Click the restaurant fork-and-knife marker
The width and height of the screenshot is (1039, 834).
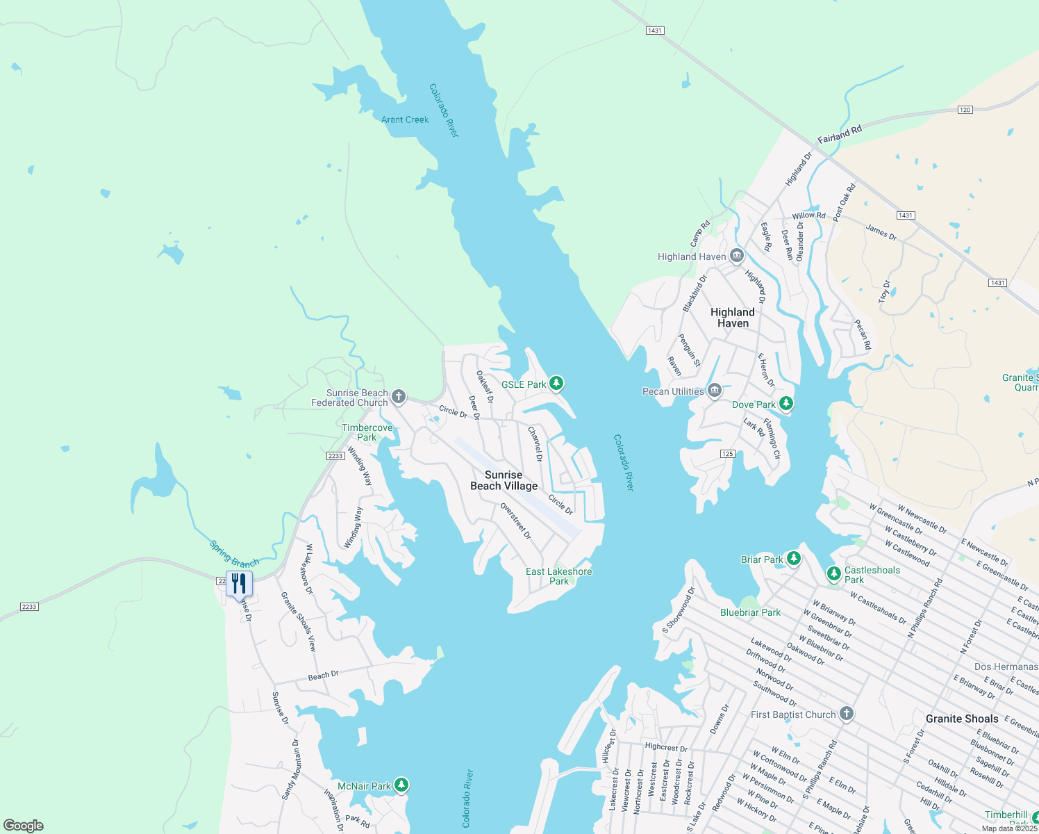(x=239, y=584)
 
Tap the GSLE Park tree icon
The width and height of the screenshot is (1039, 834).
(x=556, y=383)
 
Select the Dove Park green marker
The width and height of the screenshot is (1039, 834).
(x=786, y=403)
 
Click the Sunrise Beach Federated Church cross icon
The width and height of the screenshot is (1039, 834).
(x=398, y=397)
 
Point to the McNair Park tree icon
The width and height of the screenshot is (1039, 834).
(x=401, y=785)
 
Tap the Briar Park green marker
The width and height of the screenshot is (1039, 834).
(x=793, y=558)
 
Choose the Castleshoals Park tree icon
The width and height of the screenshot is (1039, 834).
(x=833, y=574)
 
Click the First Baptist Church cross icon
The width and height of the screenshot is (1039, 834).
(x=846, y=714)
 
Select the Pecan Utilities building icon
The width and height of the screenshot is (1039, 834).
(x=714, y=391)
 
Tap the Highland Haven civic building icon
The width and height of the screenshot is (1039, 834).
(x=736, y=256)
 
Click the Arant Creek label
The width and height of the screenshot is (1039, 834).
(x=405, y=120)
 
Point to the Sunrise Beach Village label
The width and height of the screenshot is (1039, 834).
(x=504, y=480)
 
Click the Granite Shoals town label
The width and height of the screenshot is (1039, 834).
(x=962, y=719)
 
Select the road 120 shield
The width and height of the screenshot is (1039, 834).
(x=965, y=110)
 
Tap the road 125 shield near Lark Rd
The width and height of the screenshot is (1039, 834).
(x=727, y=454)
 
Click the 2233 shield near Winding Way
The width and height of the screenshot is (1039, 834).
(x=335, y=456)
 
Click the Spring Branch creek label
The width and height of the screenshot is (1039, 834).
(x=234, y=554)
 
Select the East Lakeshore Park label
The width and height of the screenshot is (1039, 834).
(x=558, y=576)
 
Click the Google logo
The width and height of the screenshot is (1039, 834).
(x=24, y=826)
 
